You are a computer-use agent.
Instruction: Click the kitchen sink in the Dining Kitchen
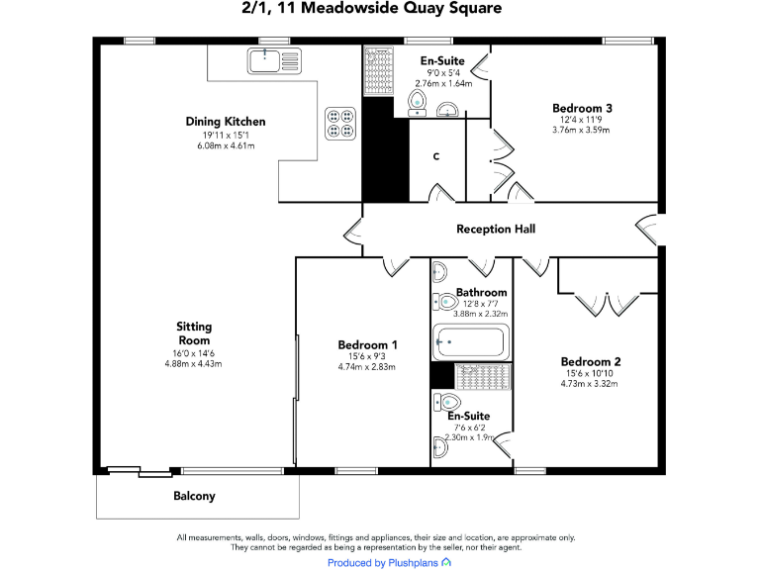(x=274, y=60)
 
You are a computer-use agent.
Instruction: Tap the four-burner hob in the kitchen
(x=340, y=124)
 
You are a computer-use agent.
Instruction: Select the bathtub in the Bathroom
(x=471, y=342)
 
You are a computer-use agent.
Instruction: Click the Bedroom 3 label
(x=582, y=108)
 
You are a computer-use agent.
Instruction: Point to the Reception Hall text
(x=496, y=229)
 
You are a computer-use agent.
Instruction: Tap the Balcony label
(x=194, y=496)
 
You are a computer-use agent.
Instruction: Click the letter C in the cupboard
(x=436, y=156)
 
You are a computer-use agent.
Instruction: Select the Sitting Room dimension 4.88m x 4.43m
(x=193, y=363)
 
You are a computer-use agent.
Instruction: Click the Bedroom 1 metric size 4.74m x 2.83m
(x=367, y=367)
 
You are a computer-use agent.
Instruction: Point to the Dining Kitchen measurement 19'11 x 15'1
(x=226, y=136)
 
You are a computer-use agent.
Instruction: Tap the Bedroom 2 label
(x=591, y=361)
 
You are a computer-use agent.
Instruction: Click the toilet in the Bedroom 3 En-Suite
(x=417, y=103)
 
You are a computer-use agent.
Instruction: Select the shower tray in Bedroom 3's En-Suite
(x=379, y=71)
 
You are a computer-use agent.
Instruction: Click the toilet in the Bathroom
(x=445, y=302)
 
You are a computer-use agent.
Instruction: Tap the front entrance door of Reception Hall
(x=647, y=230)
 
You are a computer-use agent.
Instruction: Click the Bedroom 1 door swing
(x=396, y=266)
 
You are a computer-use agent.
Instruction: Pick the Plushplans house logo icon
(x=446, y=562)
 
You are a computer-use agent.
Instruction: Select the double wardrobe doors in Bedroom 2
(x=607, y=304)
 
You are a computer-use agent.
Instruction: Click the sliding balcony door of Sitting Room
(x=140, y=471)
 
